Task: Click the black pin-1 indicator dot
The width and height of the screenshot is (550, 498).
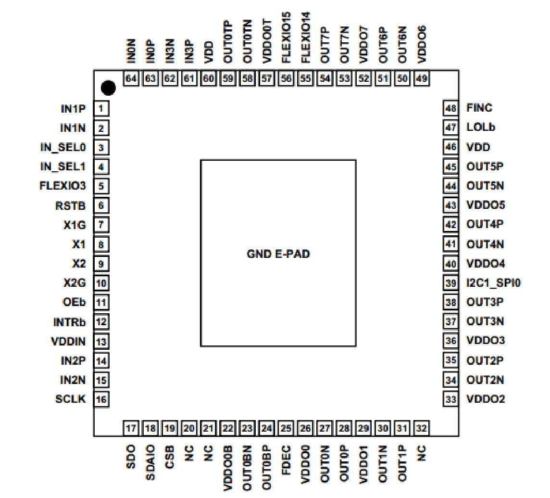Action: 109,87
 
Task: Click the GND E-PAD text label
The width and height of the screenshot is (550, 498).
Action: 278,254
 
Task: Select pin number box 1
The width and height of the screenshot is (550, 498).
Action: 101,109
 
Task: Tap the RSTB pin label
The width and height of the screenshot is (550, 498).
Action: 70,205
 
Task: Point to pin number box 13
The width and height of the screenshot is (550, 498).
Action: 101,341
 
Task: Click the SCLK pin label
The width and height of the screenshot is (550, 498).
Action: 70,399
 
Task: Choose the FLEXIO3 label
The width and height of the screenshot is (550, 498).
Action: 62,186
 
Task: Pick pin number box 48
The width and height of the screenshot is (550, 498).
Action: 450,109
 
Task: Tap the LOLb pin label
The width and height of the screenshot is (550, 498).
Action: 481,128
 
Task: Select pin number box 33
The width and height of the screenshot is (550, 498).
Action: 450,399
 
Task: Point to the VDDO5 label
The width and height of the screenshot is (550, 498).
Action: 486,205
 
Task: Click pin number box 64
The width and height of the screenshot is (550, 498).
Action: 131,78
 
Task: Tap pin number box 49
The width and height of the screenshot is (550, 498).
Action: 422,78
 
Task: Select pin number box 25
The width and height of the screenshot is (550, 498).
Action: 286,428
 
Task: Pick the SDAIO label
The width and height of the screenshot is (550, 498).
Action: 150,462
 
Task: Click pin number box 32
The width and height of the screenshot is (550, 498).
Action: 422,428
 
